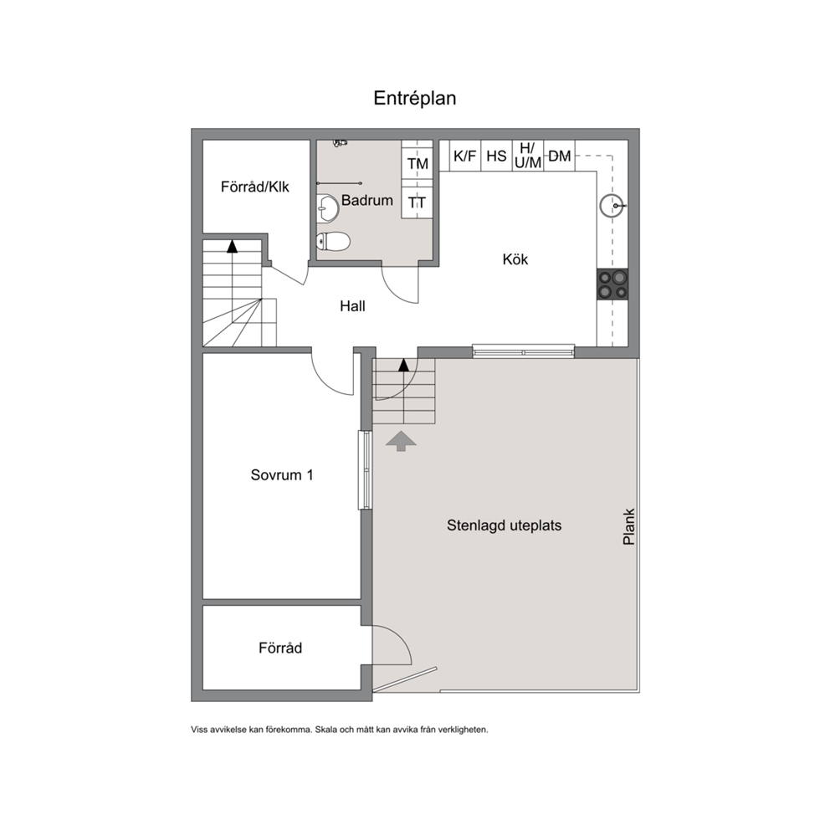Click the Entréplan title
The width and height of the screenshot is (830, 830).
(414, 99)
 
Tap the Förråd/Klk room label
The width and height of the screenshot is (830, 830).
(255, 187)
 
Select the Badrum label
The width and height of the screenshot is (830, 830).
(366, 200)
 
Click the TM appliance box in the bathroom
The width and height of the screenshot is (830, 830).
(418, 163)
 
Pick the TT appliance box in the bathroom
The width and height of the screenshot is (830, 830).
(418, 202)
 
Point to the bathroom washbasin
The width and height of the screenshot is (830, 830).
(328, 208)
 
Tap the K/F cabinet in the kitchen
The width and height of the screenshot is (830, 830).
(464, 156)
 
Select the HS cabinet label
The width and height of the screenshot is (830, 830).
(496, 156)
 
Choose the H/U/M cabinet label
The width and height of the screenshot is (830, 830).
(528, 156)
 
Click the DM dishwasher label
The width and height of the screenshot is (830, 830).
(560, 156)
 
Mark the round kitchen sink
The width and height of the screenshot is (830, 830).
(612, 205)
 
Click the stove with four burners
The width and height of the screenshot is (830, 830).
(612, 284)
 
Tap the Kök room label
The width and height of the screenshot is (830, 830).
(515, 259)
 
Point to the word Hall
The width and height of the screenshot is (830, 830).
(352, 306)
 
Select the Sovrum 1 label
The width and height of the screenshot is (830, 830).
(282, 474)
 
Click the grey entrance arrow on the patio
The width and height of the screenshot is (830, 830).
(401, 441)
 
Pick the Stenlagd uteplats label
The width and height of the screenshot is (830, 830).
(504, 525)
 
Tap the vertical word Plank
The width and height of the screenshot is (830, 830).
(629, 527)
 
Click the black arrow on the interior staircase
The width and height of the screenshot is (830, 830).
(232, 246)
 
